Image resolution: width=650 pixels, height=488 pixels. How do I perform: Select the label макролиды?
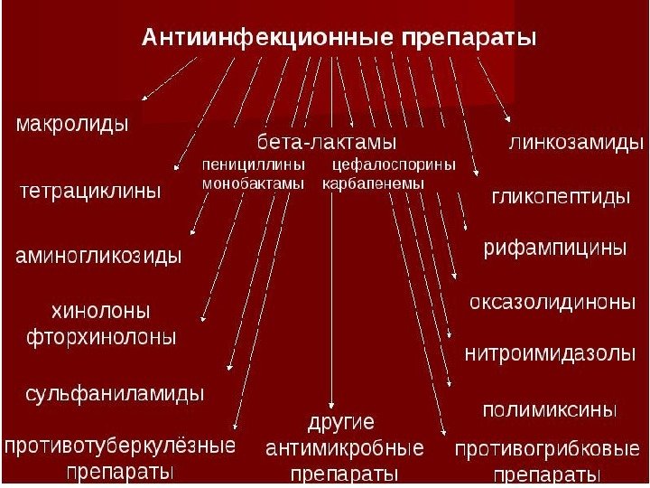(x=73, y=124)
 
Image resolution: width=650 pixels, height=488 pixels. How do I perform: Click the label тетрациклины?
(x=90, y=191)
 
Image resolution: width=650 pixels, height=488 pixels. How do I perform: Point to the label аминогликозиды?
(x=99, y=256)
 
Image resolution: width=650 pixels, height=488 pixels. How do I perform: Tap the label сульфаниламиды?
(x=115, y=394)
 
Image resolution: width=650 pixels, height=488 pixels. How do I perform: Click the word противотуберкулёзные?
(x=120, y=446)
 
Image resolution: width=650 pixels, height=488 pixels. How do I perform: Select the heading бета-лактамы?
(x=328, y=143)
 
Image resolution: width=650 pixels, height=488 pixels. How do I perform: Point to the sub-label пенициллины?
(x=254, y=165)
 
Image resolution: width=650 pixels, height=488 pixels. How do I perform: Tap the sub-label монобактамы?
(x=254, y=183)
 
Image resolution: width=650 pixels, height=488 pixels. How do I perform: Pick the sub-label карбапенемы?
(x=373, y=183)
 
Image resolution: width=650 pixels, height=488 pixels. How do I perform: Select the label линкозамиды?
(x=576, y=142)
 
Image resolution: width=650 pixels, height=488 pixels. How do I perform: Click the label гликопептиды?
(x=560, y=196)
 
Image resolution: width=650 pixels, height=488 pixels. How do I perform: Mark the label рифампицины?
(x=555, y=247)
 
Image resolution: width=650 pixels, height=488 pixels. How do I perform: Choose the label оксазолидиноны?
(x=553, y=301)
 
